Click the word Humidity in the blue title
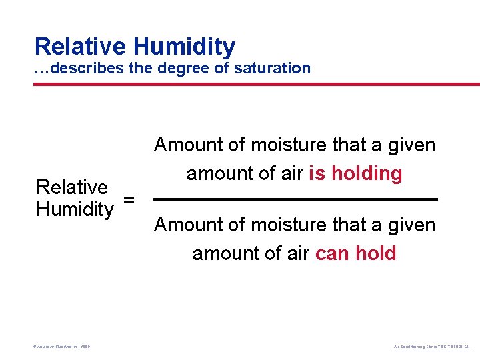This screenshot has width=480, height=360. pyautogui.click(x=184, y=47)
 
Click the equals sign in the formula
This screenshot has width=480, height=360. pyautogui.click(x=129, y=199)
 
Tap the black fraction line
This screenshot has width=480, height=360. pyautogui.click(x=295, y=199)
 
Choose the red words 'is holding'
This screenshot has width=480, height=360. pyautogui.click(x=355, y=173)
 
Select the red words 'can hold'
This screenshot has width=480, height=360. pyautogui.click(x=355, y=253)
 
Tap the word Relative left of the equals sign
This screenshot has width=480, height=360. pyautogui.click(x=72, y=187)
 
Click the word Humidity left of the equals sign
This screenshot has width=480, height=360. pyautogui.click(x=75, y=209)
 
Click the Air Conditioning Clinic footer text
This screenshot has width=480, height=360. pyautogui.click(x=433, y=347)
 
